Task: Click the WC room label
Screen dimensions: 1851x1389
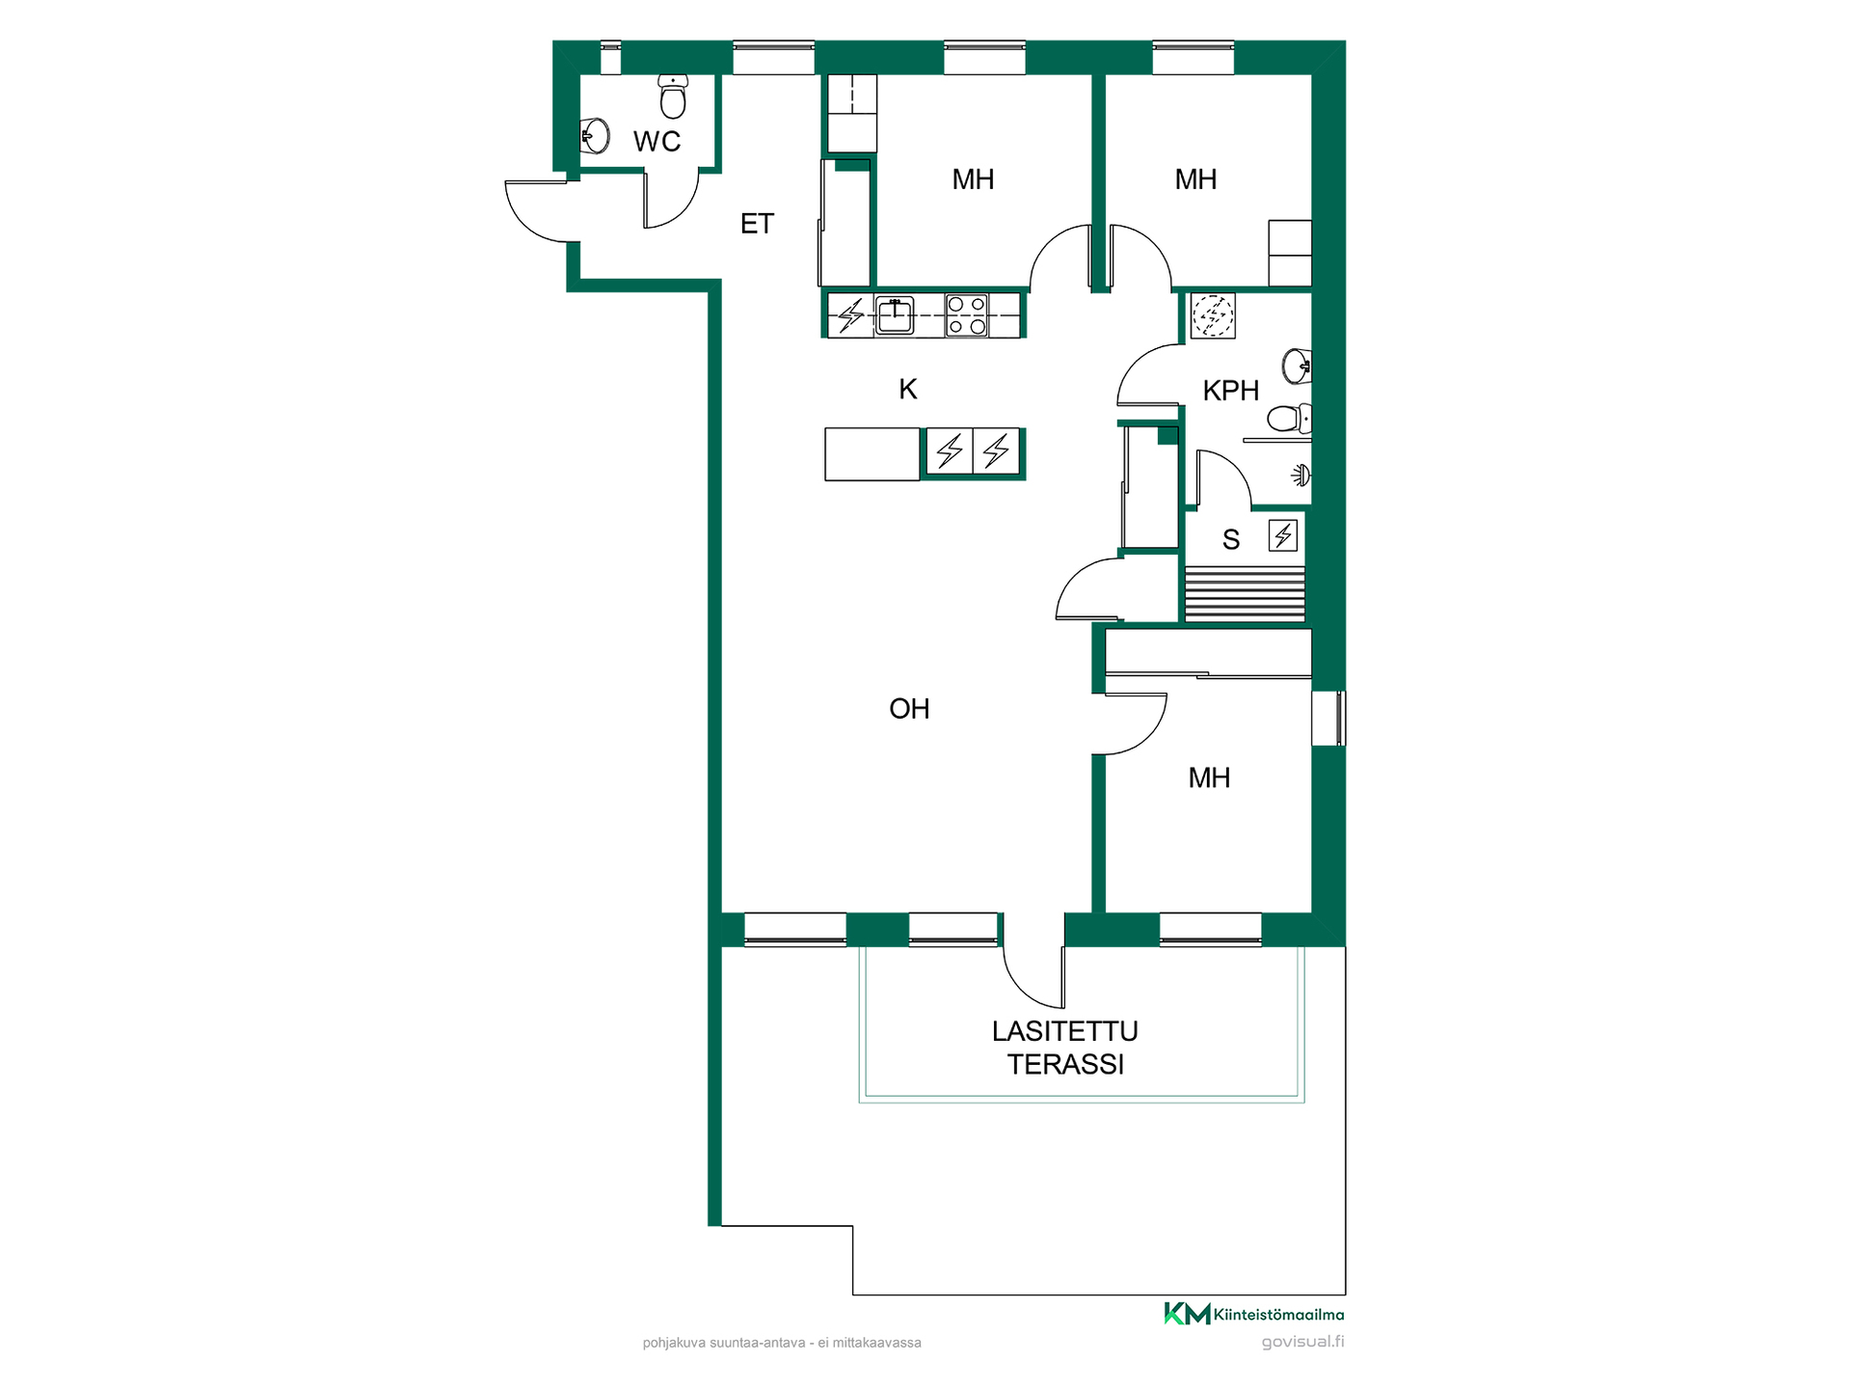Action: (x=657, y=142)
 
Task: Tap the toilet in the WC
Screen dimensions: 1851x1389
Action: (x=673, y=95)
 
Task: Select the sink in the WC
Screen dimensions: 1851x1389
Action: (x=596, y=136)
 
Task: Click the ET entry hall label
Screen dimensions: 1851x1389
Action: (x=757, y=224)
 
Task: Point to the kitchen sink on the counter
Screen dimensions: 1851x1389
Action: (x=895, y=314)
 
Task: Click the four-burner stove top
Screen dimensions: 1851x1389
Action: (x=966, y=315)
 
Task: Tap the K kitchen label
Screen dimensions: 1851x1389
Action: (x=907, y=389)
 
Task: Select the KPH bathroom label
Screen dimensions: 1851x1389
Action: (x=1231, y=391)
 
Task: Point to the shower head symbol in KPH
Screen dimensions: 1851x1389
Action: (x=1301, y=475)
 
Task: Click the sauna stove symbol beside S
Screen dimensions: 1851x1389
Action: (x=1283, y=535)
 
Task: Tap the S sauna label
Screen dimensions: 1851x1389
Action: (x=1231, y=540)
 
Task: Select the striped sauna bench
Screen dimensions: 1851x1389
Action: (x=1245, y=594)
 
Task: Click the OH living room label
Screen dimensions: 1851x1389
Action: (x=909, y=709)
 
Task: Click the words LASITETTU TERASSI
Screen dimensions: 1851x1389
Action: (x=1065, y=1048)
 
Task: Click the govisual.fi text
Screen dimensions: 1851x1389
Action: (x=1302, y=1342)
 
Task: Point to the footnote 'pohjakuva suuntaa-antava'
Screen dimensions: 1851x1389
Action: (x=723, y=1343)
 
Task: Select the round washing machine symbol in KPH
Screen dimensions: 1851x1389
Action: (x=1213, y=315)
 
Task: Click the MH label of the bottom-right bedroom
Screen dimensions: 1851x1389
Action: (x=1209, y=778)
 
